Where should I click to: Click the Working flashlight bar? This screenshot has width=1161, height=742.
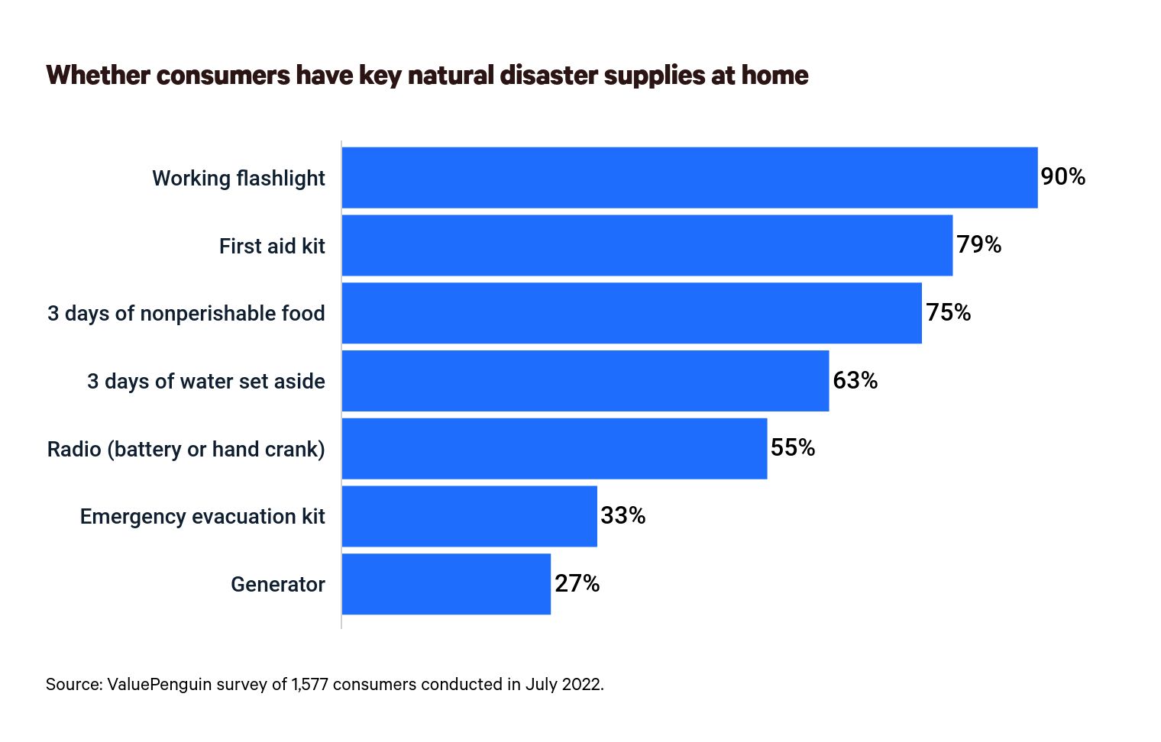[x=689, y=177]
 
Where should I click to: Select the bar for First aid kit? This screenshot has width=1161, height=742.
[x=647, y=245]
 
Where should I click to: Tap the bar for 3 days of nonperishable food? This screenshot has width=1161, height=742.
[x=632, y=313]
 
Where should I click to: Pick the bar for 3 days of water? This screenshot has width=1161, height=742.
[x=585, y=381]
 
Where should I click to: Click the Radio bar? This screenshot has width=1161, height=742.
[x=554, y=448]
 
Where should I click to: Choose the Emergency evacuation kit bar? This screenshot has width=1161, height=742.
[x=469, y=516]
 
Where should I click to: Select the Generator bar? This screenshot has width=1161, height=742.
[x=446, y=584]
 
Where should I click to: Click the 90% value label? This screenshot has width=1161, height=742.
[x=1062, y=177]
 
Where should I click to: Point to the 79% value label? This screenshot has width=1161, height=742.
[x=978, y=245]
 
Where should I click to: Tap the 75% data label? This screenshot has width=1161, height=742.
[x=948, y=313]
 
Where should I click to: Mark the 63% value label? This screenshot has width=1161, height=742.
[x=855, y=380]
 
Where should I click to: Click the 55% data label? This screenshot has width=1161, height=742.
[x=793, y=448]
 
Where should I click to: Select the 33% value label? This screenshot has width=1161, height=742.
[x=623, y=516]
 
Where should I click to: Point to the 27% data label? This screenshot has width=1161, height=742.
[x=577, y=584]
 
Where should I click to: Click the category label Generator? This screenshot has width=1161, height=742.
[x=278, y=585]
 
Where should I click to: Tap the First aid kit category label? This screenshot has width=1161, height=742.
[x=272, y=247]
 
